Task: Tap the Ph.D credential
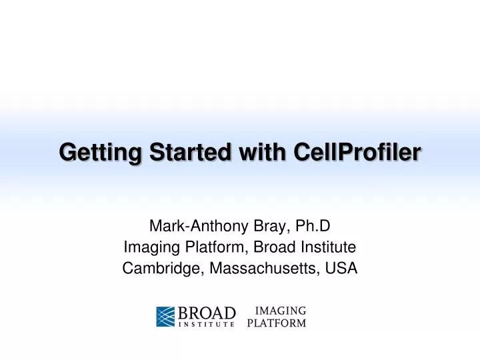pyautogui.click(x=309, y=226)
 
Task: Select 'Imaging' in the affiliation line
pyautogui.click(x=147, y=247)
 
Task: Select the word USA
pyautogui.click(x=343, y=269)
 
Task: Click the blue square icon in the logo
pyautogui.click(x=166, y=317)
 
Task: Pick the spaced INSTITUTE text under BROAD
pyautogui.click(x=206, y=325)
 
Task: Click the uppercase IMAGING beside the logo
pyautogui.click(x=281, y=311)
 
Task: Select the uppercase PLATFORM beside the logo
pyautogui.click(x=277, y=324)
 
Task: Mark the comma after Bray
pyautogui.click(x=284, y=230)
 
